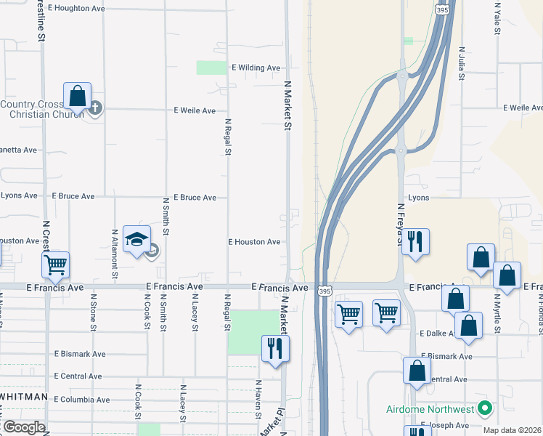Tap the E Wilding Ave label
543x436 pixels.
[256, 68]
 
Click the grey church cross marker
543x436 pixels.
[95, 109]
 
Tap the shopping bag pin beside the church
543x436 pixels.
[77, 97]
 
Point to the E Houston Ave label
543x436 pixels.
[254, 242]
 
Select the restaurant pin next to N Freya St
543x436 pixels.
[415, 241]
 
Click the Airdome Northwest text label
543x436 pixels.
[430, 409]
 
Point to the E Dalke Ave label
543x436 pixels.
[438, 334]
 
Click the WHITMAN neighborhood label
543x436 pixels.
[24, 397]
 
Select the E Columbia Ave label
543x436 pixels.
[82, 400]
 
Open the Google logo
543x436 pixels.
[24, 427]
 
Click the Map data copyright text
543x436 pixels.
[513, 430]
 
